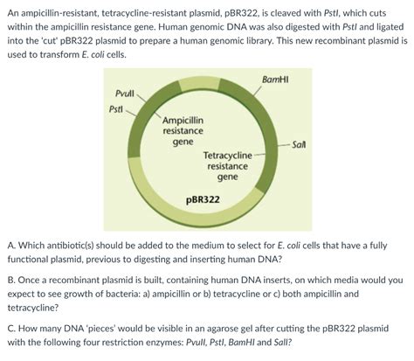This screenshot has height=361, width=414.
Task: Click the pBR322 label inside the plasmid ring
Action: [203, 199]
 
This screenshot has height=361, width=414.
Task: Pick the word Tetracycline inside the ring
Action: [227, 155]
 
